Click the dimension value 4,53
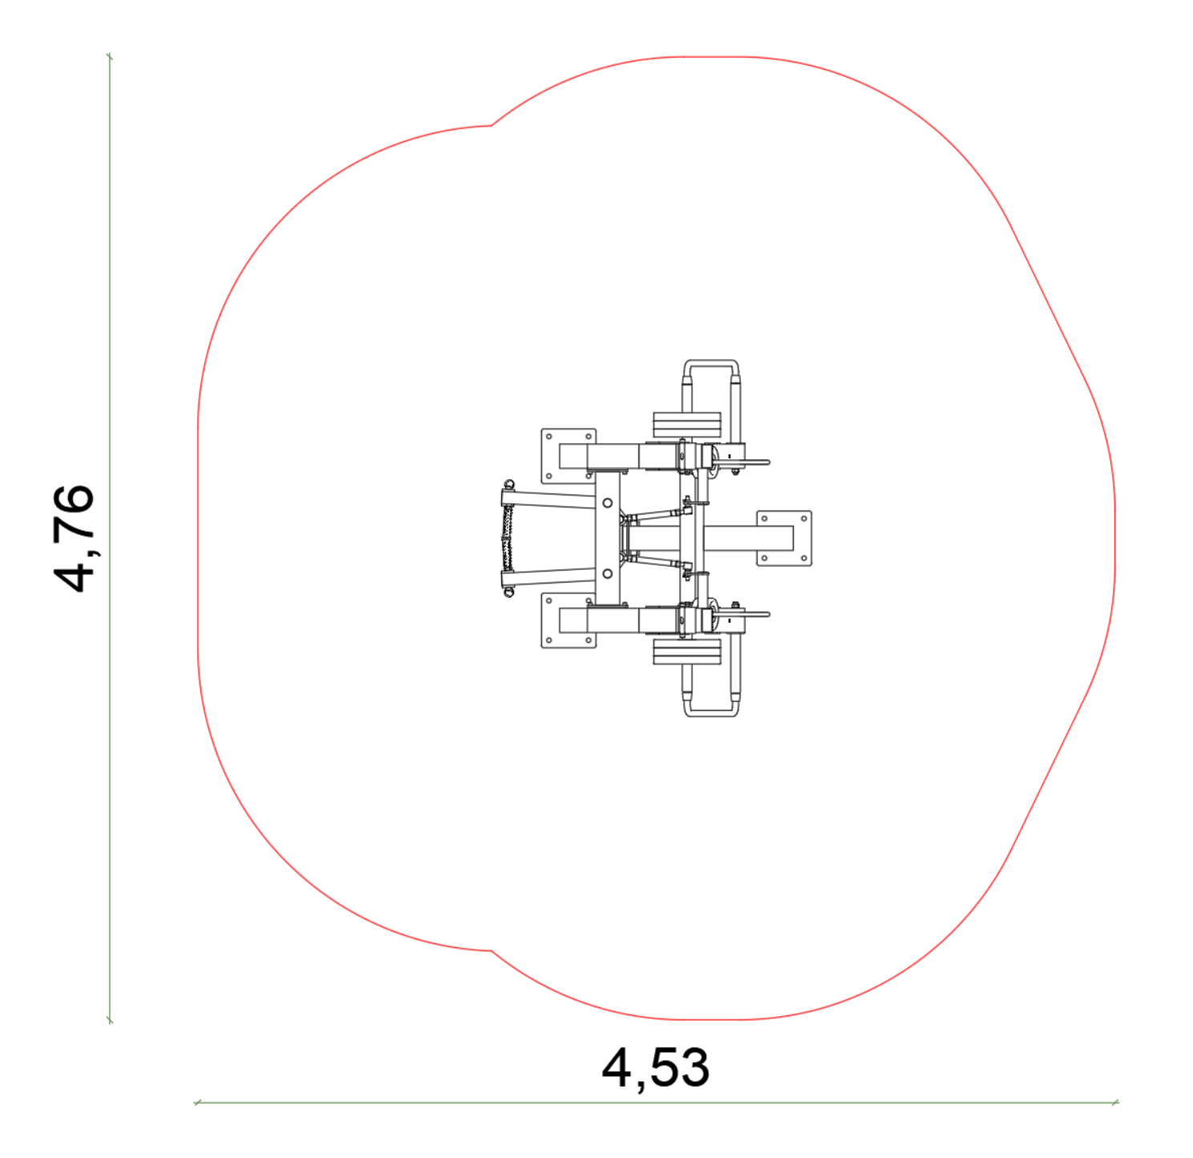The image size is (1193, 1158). coord(655,1068)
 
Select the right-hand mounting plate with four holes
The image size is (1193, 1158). coord(784,538)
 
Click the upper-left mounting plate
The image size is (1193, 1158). coord(568,456)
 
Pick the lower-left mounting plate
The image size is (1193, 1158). coord(568,620)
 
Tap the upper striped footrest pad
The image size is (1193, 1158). coord(686,426)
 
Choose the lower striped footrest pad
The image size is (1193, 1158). coord(686,652)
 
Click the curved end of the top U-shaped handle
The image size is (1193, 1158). coord(711,361)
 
